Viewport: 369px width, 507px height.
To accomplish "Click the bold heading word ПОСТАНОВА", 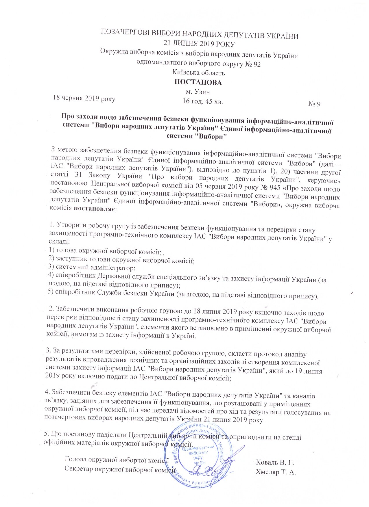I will [198, 83].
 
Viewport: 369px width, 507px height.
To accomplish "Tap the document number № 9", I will [314, 104].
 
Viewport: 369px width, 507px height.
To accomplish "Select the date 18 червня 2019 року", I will [84, 99].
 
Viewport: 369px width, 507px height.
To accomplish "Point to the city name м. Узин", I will [198, 92].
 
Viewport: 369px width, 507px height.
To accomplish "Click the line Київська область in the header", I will [198, 73].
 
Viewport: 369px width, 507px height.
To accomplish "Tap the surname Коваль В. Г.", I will [275, 462].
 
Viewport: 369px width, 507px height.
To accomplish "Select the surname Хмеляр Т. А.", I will [276, 472].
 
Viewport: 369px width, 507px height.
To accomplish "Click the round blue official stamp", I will [200, 454].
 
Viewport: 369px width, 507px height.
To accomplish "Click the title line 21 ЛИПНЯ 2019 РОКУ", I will [199, 44].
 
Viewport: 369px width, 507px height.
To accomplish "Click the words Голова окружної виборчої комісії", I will [117, 459].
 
